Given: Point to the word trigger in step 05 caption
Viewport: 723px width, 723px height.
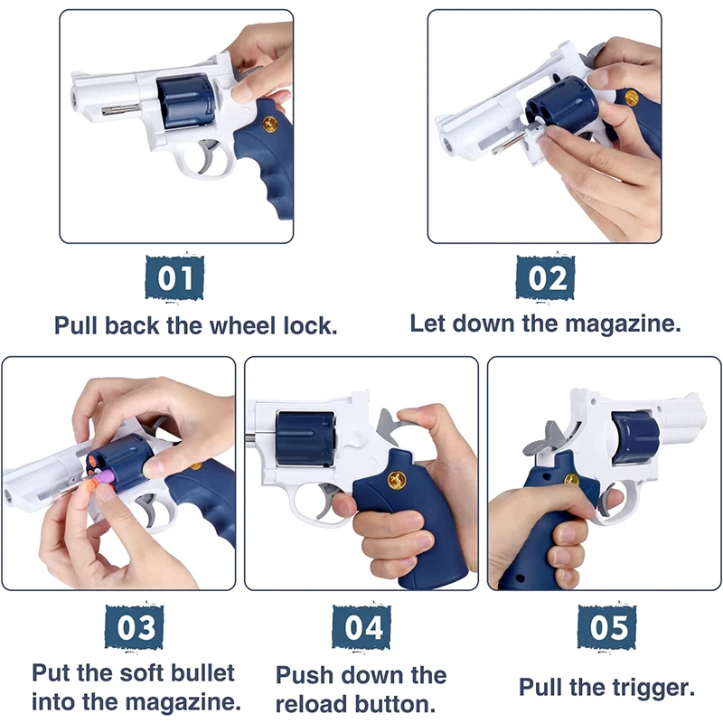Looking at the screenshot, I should tap(654, 688).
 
